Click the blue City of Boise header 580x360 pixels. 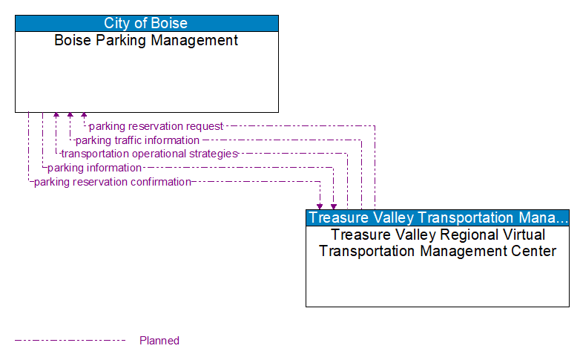coord(146,23)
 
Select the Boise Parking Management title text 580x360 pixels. coord(146,41)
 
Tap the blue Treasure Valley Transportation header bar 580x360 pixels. coord(437,217)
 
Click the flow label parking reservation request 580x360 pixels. coord(156,126)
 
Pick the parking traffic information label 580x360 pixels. coord(137,140)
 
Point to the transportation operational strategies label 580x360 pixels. coord(149,154)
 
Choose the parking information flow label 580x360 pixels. coord(94,168)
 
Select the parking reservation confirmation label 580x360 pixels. coord(112,182)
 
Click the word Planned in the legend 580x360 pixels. coord(159,341)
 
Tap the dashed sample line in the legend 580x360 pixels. coord(70,341)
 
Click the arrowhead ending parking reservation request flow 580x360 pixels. coord(84,116)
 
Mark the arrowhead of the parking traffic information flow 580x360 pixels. coord(70,116)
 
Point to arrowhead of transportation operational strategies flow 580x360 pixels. coord(56,116)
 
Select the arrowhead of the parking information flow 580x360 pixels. coord(334,206)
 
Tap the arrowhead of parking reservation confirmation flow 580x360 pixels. coord(320,206)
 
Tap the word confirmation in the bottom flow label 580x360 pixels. coord(157,182)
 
